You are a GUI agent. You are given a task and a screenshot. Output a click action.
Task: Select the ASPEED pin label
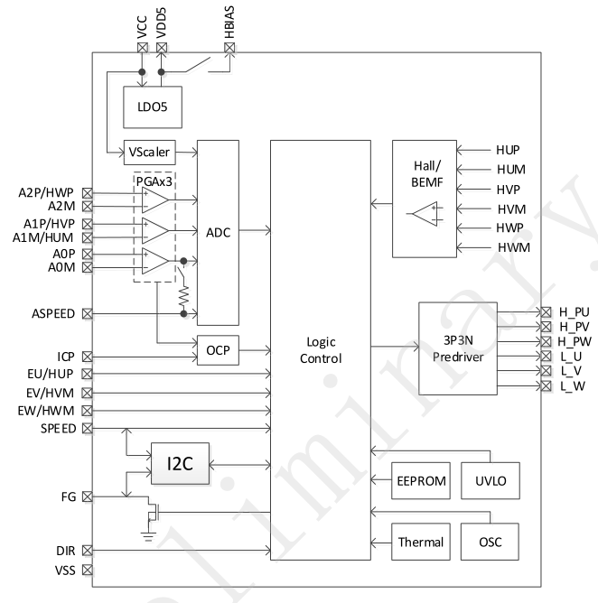click(49, 314)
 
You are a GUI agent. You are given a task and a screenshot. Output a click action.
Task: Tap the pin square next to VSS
click(87, 570)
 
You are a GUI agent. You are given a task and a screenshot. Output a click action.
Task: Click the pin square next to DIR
click(87, 550)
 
